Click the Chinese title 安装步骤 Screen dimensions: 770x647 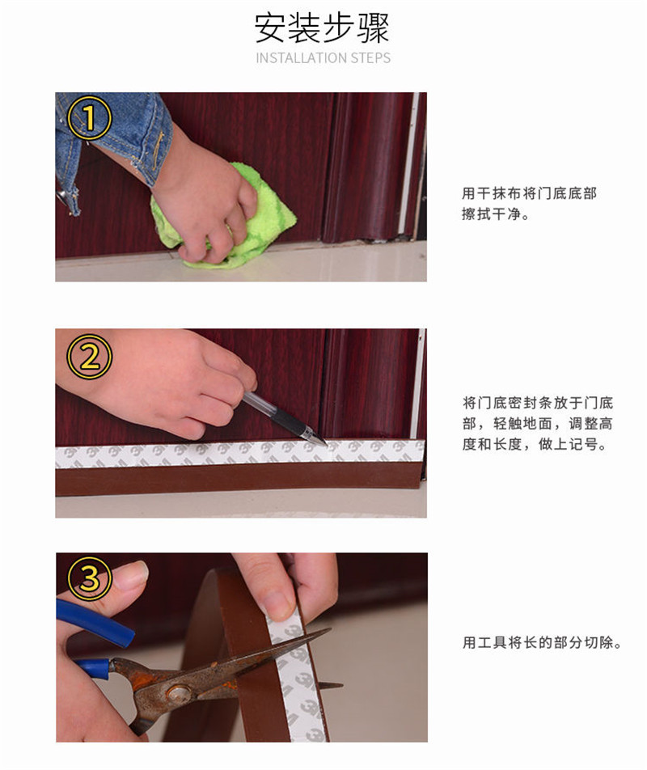coord(323,28)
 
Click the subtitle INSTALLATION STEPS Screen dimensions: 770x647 coord(323,58)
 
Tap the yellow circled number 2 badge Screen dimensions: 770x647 coord(88,357)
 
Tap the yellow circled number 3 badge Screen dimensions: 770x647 coord(90,580)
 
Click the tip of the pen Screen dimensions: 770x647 coord(325,443)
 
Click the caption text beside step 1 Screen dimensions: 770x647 coord(529,205)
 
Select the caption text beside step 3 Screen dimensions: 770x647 coord(541,644)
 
